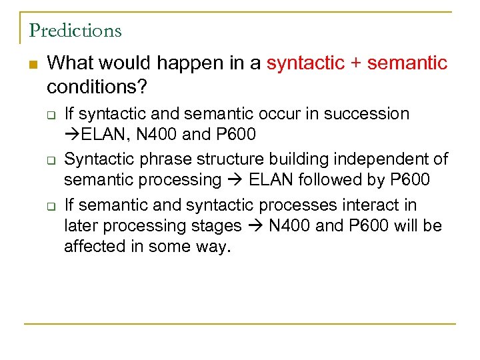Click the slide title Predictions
(x=75, y=31)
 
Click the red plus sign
(x=354, y=63)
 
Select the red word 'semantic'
(x=407, y=63)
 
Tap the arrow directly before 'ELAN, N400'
(x=72, y=135)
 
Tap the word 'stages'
(x=217, y=225)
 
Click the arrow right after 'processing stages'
(x=255, y=225)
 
